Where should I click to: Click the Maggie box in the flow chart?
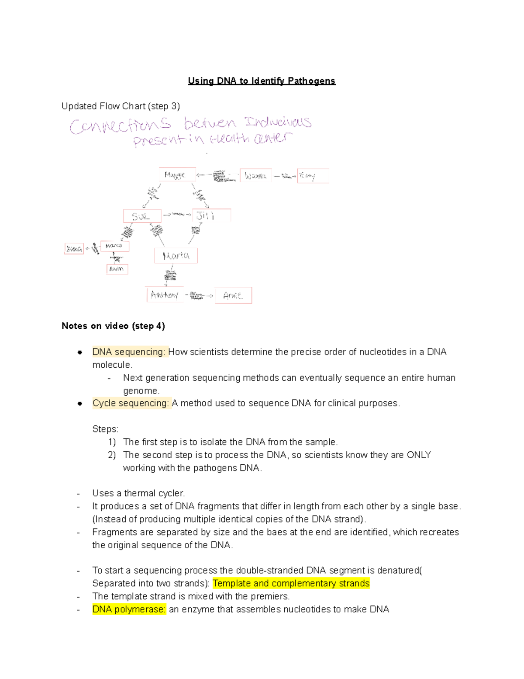[177, 175]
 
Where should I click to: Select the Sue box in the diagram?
[142, 216]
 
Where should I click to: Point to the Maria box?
[176, 255]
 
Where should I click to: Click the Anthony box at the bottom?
[165, 295]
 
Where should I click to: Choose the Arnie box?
[236, 296]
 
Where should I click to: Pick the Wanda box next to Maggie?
[255, 176]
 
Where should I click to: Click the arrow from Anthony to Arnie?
[199, 296]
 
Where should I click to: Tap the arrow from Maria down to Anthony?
[170, 275]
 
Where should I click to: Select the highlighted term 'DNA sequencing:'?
[129, 352]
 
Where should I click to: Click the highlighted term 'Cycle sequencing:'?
[131, 403]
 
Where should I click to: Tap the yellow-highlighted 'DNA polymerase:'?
[129, 609]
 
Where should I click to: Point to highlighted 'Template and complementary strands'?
[291, 583]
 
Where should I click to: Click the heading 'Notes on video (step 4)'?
[113, 326]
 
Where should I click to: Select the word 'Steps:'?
[105, 429]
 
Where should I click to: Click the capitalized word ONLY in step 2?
[419, 455]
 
